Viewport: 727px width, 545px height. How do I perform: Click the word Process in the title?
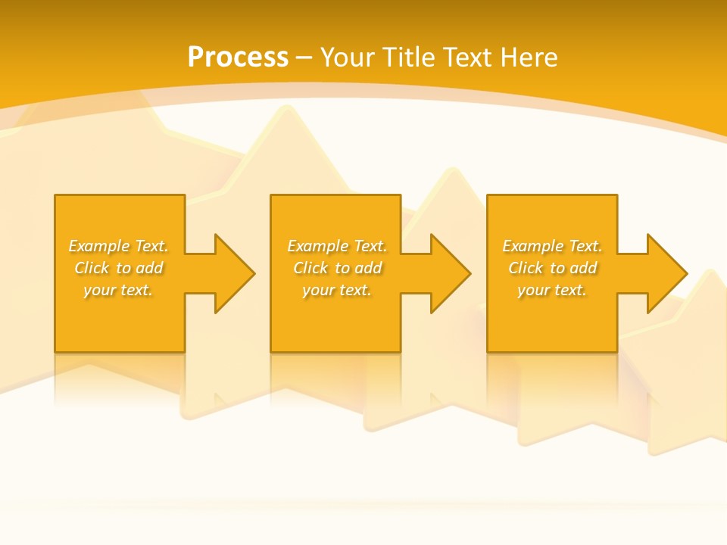point(238,58)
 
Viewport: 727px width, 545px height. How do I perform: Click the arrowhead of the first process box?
point(235,273)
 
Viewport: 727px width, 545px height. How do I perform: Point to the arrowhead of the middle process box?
point(451,273)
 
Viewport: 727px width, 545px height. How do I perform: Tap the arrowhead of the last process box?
point(666,273)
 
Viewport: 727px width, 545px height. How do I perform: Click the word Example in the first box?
point(99,246)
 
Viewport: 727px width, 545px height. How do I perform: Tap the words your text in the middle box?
point(337,290)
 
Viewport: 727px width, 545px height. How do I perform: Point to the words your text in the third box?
point(552,290)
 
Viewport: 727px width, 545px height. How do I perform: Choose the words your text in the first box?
point(118,290)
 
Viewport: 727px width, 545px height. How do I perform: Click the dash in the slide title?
point(304,58)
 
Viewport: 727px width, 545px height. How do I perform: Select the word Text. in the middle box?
point(370,246)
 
